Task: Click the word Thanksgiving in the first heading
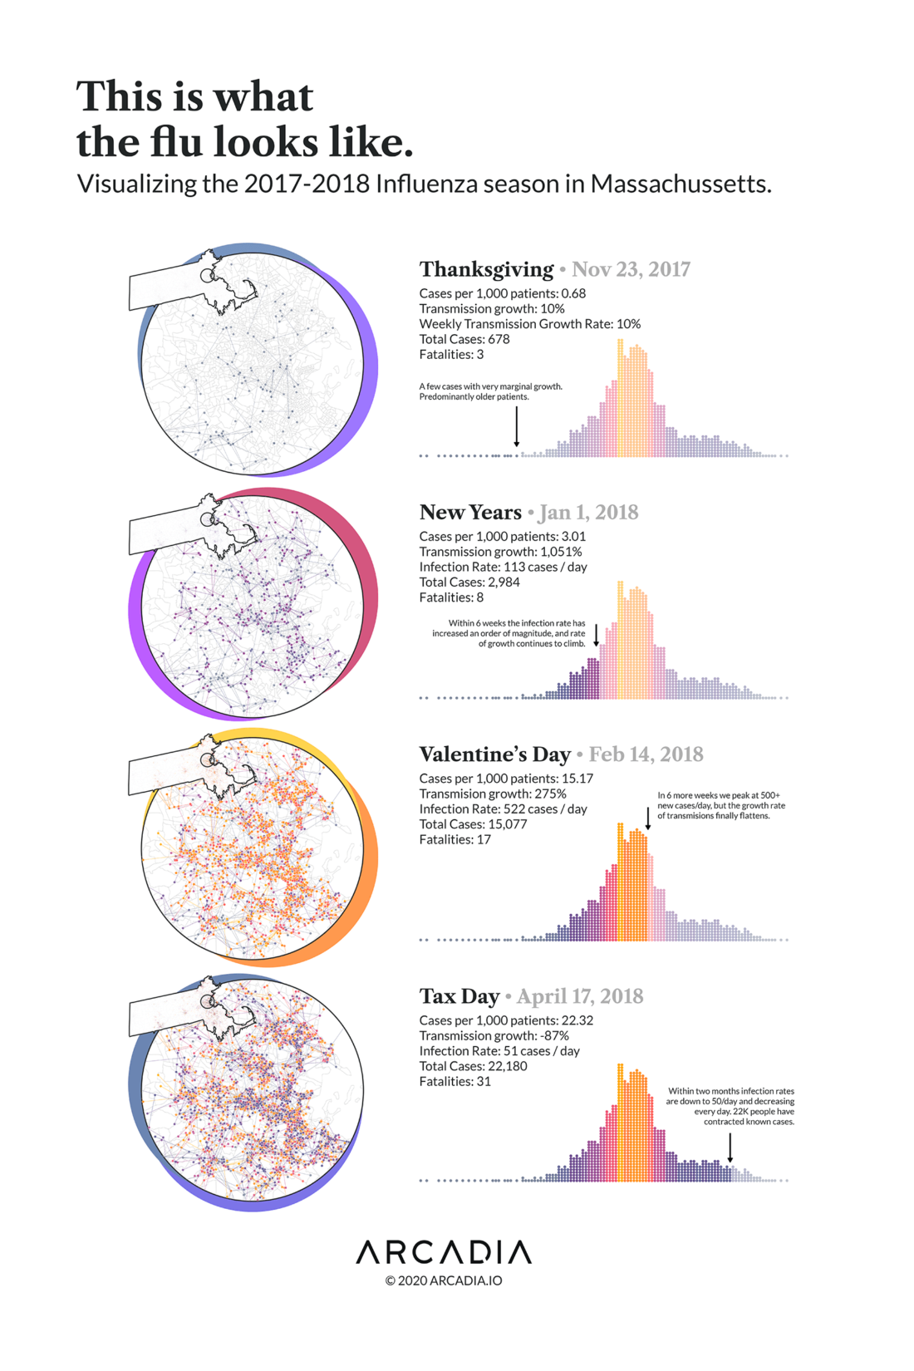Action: point(486,269)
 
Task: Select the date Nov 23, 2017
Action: point(631,269)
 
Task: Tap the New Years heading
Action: point(470,512)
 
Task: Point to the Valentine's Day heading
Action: point(494,754)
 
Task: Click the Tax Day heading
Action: point(459,996)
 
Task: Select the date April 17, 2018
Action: point(580,996)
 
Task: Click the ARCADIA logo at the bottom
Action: point(444,1251)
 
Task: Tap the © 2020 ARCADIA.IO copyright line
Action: point(444,1280)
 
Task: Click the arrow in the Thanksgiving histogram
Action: point(517,427)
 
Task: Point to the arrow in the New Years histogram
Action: point(596,636)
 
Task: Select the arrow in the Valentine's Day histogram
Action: point(648,818)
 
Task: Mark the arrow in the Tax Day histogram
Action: point(730,1147)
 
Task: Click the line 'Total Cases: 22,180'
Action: point(473,1066)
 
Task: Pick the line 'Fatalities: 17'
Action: point(455,839)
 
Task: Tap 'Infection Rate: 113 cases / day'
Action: point(503,567)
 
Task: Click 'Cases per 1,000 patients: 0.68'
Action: point(502,293)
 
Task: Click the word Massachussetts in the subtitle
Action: point(681,184)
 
